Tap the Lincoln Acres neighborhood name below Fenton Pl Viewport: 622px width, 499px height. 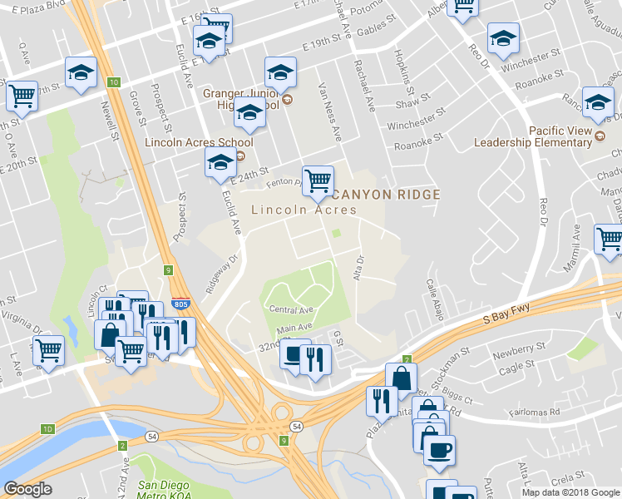click(x=304, y=210)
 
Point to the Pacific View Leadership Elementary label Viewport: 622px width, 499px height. click(x=533, y=136)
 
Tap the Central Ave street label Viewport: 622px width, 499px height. click(x=289, y=309)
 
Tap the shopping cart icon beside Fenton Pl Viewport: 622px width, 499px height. click(x=318, y=180)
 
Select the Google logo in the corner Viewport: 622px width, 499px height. click(x=27, y=489)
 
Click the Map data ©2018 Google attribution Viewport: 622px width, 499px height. click(x=570, y=492)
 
